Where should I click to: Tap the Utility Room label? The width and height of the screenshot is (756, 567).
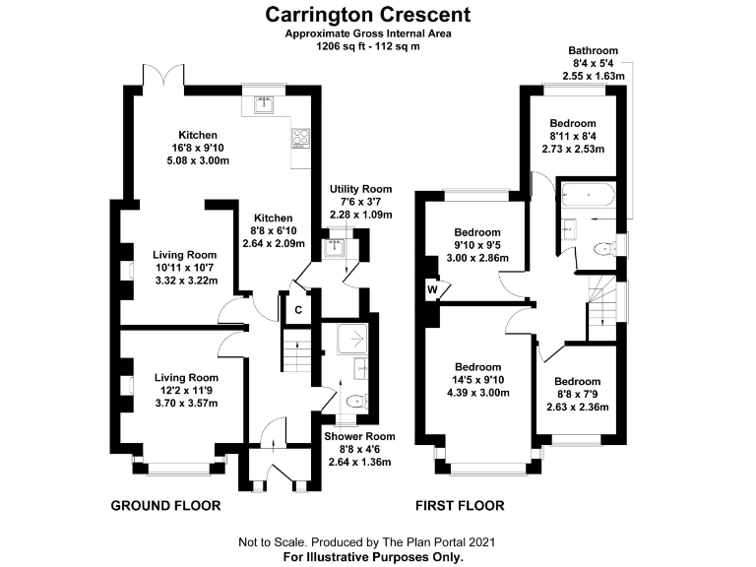click(x=361, y=189)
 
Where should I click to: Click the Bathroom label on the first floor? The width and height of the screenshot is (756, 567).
click(x=593, y=50)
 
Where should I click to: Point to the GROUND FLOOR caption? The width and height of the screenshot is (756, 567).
click(x=164, y=506)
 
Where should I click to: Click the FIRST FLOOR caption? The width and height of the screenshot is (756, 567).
click(x=459, y=506)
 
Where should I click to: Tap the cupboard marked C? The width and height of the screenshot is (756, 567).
click(x=298, y=310)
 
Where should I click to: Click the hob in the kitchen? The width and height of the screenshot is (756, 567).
click(x=300, y=140)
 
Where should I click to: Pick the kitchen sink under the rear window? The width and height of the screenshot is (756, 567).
click(x=263, y=103)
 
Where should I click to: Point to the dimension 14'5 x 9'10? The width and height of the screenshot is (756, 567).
click(x=478, y=380)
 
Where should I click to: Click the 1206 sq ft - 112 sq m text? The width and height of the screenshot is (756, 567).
click(x=366, y=46)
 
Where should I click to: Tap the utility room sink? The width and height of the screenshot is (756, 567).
click(x=339, y=246)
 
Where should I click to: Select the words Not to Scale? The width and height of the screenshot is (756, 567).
click(x=272, y=542)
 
